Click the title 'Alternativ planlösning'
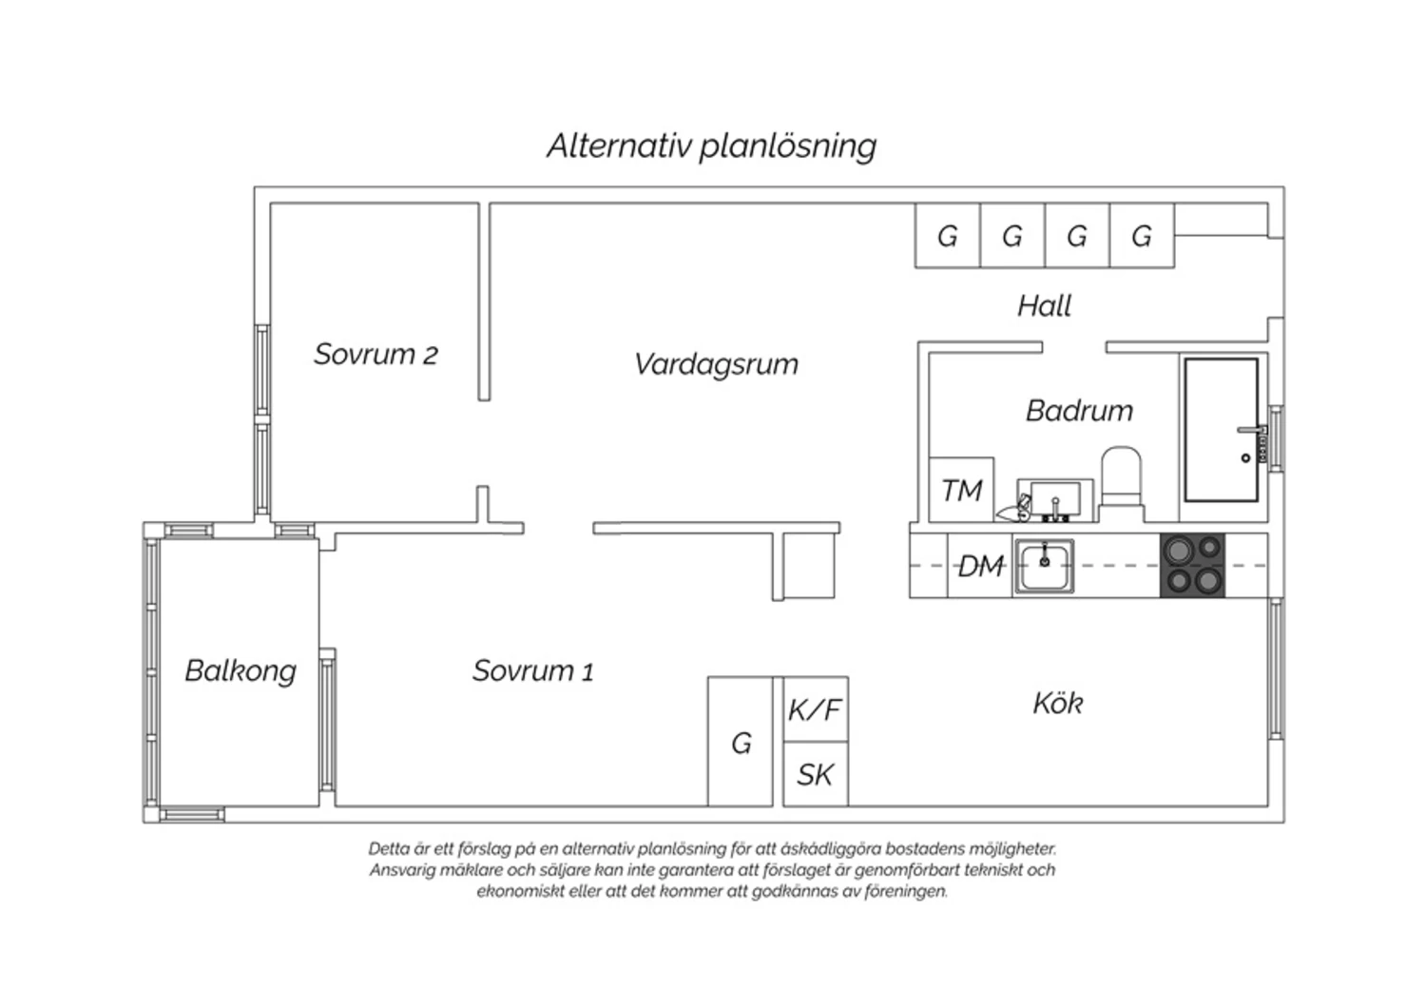pos(712,146)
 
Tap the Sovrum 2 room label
pos(376,354)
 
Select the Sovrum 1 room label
pos(532,670)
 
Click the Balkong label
pos(241,671)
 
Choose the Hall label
pos(1044,306)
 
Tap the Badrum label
pos(1080,411)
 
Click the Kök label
pos(1057,703)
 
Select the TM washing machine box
pos(961,490)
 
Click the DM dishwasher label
pos(981,566)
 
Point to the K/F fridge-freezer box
pos(816,708)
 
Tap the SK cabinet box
pos(816,774)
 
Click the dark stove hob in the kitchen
pos(1192,566)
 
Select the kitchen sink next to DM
pos(1044,566)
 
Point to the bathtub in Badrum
pos(1221,430)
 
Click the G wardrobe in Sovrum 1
pos(741,742)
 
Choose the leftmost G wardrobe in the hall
pos(948,236)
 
